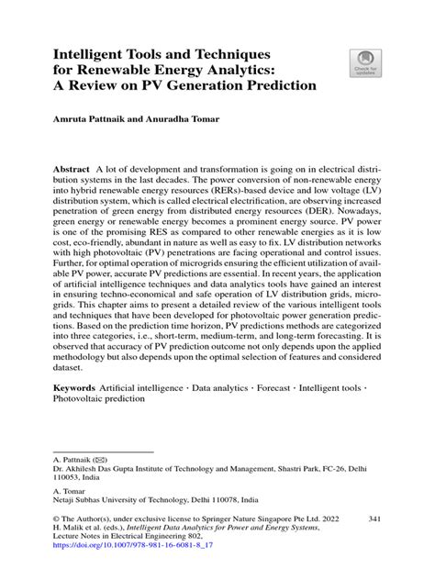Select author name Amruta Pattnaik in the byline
coord(89,120)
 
